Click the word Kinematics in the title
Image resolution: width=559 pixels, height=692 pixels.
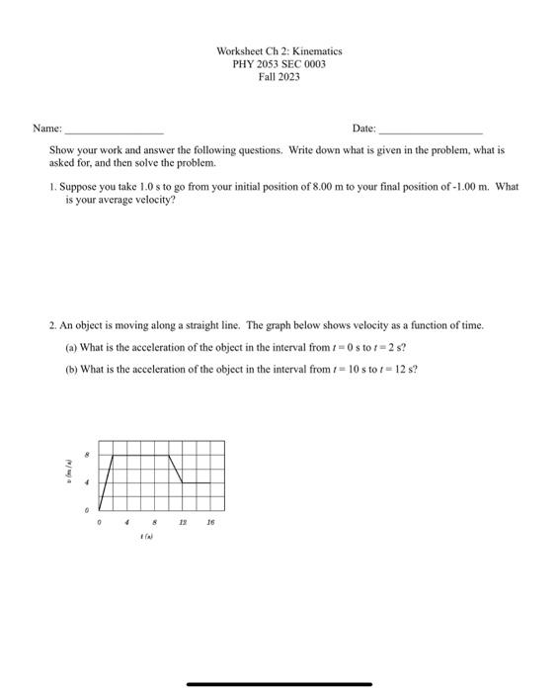point(314,50)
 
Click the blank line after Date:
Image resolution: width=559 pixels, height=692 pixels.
point(431,130)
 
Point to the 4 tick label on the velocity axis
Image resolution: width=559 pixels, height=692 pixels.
point(87,482)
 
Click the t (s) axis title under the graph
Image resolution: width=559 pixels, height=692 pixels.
point(145,537)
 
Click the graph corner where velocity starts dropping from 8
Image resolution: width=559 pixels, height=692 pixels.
point(169,456)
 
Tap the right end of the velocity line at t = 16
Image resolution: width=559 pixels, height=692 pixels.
point(210,482)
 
